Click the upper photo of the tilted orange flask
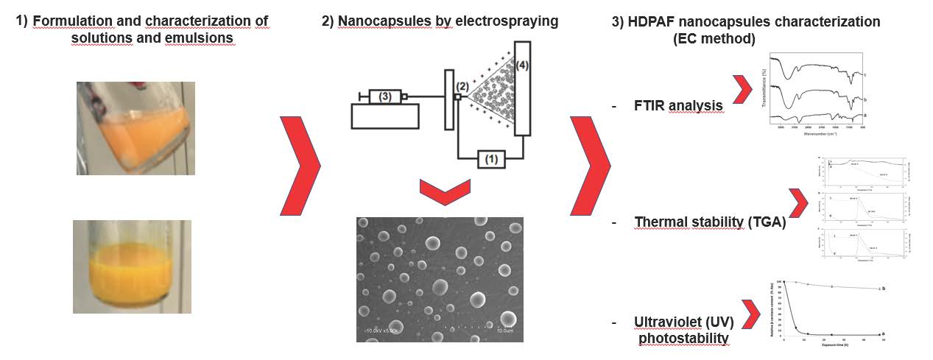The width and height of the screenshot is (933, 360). click(135, 128)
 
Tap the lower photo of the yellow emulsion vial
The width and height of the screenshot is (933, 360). click(132, 267)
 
